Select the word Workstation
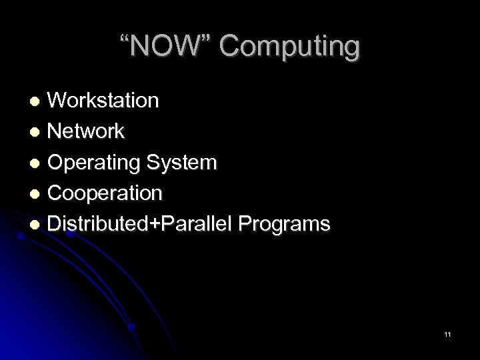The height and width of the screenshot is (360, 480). click(103, 101)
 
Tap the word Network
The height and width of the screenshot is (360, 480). click(85, 131)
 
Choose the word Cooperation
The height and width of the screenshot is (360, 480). click(104, 193)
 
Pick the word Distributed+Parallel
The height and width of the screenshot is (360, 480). click(136, 225)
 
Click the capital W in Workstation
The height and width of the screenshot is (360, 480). click(58, 101)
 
